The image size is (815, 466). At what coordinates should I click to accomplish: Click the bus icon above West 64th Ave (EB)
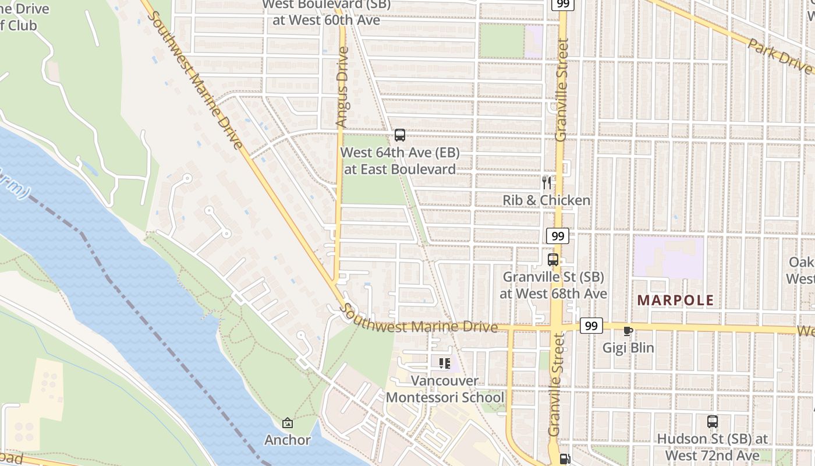(399, 135)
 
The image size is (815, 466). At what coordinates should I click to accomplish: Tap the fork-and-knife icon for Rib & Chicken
(546, 183)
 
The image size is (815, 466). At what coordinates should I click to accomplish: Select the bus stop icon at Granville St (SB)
(553, 260)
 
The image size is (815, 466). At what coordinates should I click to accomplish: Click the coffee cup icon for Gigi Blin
(628, 331)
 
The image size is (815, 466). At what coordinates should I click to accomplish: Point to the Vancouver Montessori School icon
(445, 363)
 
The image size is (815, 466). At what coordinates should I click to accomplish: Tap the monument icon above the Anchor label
(287, 423)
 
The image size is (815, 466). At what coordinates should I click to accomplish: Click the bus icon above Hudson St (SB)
(712, 421)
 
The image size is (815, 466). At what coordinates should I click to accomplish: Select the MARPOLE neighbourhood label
(675, 301)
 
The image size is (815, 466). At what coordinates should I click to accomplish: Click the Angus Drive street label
(342, 87)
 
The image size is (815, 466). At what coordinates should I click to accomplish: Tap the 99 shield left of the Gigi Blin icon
(591, 326)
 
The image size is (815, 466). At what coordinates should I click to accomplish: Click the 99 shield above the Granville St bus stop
(558, 236)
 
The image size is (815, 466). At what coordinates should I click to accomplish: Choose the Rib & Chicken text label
(546, 200)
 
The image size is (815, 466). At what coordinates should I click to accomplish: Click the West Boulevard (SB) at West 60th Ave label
(321, 13)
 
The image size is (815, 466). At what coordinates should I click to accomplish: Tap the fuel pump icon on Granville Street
(564, 459)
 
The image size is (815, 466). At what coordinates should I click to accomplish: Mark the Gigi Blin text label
(628, 348)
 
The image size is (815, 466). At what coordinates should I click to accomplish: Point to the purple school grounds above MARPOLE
(668, 256)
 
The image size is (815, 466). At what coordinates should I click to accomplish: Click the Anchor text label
(288, 440)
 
